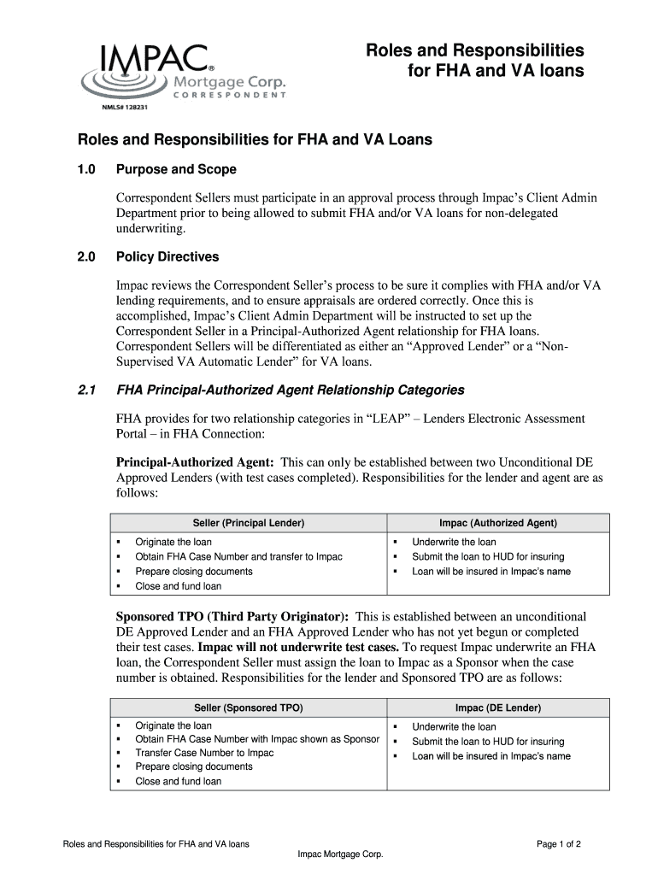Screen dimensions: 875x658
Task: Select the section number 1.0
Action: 88,169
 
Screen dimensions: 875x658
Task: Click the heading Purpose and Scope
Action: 176,169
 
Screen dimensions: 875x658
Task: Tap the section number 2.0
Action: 88,256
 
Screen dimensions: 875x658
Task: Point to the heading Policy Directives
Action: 167,256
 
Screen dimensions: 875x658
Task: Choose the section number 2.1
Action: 87,390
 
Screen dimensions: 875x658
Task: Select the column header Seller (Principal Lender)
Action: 249,522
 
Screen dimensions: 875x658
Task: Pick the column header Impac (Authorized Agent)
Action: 497,522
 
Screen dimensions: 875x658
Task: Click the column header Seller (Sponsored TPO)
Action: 249,708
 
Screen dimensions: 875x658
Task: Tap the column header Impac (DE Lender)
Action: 497,708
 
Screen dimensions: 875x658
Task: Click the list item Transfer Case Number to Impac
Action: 204,753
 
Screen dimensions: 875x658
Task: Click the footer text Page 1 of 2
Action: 559,844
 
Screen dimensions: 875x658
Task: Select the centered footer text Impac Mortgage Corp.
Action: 339,855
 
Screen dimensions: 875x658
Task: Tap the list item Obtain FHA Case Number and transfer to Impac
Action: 238,557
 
